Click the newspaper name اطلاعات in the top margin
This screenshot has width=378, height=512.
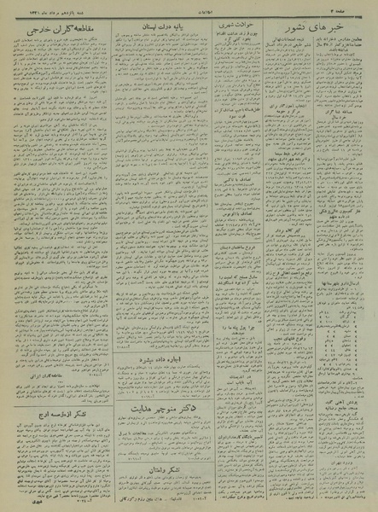click(189, 8)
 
